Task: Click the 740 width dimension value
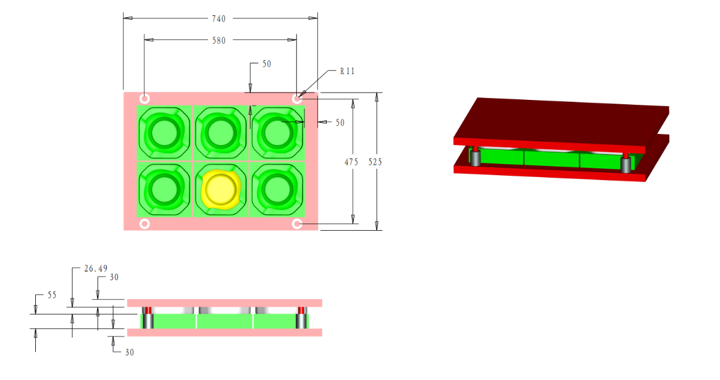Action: coord(219,19)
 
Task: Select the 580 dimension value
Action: coord(219,41)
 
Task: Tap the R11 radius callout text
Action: coord(348,71)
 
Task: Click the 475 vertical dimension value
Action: coord(351,162)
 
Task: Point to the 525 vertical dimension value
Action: coord(375,162)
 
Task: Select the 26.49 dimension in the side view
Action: coord(96,268)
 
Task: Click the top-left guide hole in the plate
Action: coord(144,99)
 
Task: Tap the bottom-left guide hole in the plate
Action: coord(144,224)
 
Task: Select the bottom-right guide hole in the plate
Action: coord(297,224)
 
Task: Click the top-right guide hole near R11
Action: coord(297,99)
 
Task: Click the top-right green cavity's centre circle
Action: coord(276,131)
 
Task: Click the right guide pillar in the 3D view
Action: coord(626,163)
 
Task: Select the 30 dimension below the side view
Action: coord(129,352)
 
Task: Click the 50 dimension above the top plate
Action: coord(267,64)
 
